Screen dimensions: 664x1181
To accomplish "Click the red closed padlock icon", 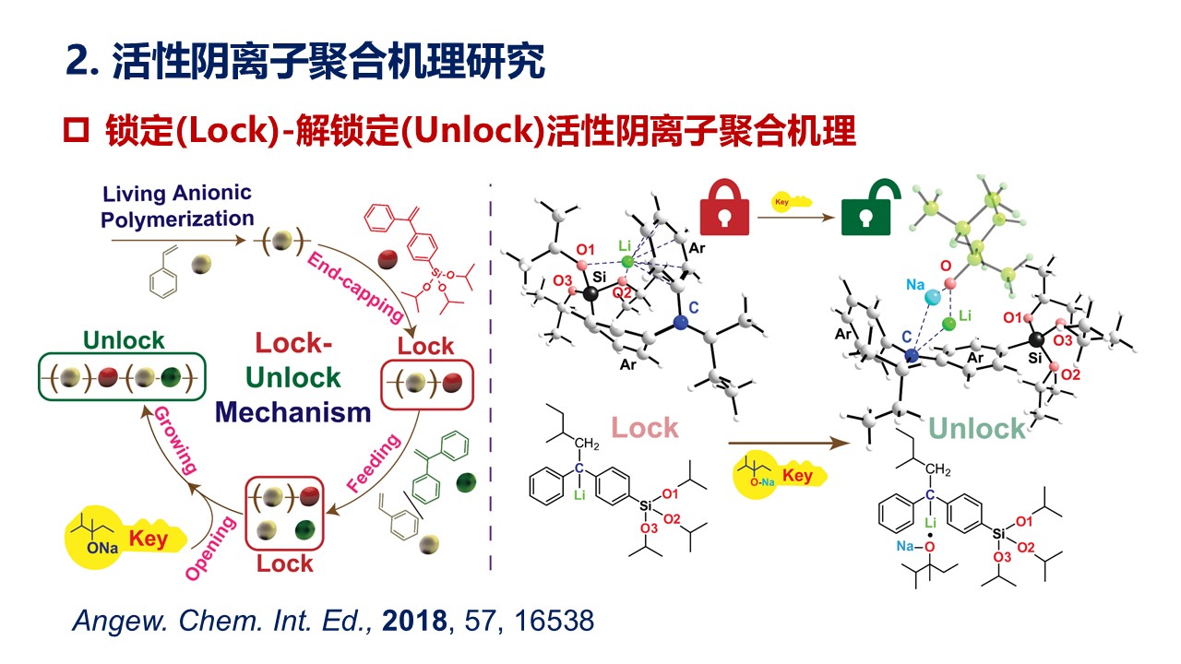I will (724, 208).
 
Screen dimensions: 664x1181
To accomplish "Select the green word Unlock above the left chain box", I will (125, 340).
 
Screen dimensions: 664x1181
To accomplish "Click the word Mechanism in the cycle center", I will (292, 411).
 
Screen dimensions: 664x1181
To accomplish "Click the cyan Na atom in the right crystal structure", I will (932, 297).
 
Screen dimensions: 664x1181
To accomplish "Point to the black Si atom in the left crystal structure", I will (590, 293).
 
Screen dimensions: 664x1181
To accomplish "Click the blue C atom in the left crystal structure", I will (680, 322).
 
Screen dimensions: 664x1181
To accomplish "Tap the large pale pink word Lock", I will (645, 428).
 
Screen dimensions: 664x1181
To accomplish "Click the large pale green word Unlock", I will (977, 428).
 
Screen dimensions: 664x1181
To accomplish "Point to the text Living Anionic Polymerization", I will (177, 207).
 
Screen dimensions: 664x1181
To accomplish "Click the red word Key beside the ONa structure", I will (149, 538).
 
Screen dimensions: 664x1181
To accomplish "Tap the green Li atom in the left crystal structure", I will (627, 263).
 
